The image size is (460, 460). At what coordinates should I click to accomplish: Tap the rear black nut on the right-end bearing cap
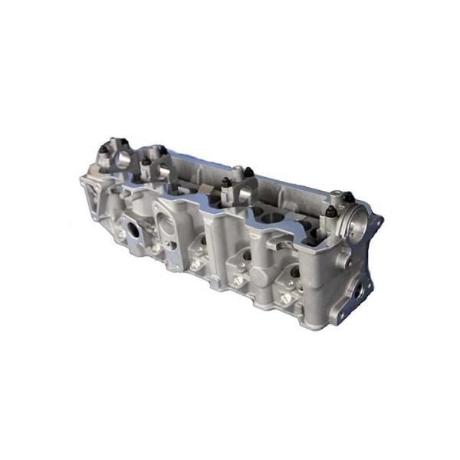(x=347, y=197)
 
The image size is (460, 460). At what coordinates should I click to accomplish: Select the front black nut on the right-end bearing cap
(x=331, y=211)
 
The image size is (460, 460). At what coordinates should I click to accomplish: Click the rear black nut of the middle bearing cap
(x=248, y=172)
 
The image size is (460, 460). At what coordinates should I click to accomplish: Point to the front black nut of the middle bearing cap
(x=226, y=182)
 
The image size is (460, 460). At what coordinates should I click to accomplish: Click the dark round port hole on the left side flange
(x=133, y=228)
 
